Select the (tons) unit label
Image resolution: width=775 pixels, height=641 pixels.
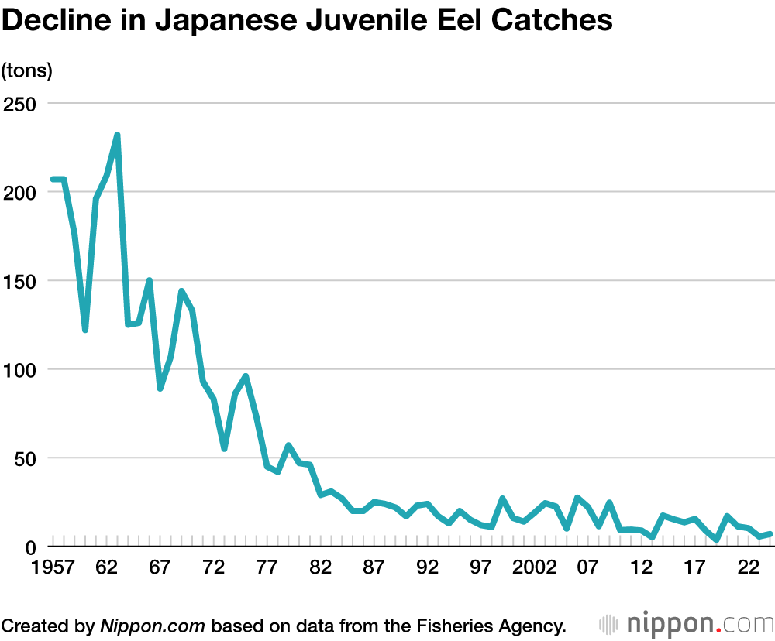(26, 70)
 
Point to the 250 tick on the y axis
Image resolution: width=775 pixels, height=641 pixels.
(22, 103)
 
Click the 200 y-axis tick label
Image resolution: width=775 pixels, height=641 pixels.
(22, 192)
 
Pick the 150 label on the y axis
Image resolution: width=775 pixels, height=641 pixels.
(22, 280)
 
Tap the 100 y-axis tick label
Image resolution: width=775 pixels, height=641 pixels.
(22, 369)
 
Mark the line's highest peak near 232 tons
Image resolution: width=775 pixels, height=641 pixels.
(117, 135)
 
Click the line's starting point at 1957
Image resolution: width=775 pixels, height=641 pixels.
(53, 180)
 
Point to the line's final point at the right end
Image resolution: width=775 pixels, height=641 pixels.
(770, 533)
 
